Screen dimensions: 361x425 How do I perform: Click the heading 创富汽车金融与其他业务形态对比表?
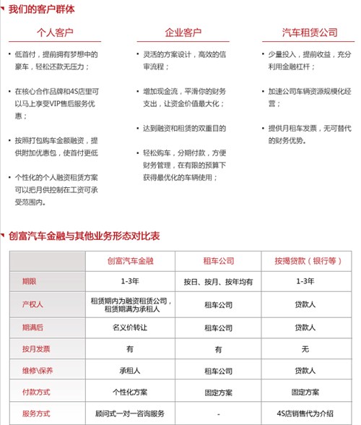point(84,236)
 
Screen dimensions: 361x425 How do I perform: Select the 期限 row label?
point(30,280)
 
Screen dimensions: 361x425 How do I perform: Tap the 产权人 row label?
point(33,304)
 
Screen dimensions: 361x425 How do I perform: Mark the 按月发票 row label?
point(36,349)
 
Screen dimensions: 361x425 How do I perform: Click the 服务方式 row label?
point(36,413)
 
